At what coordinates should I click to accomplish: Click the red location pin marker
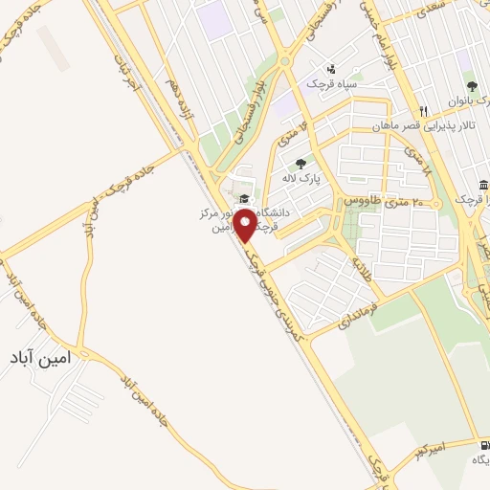pyautogui.click(x=246, y=226)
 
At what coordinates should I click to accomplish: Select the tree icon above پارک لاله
pyautogui.click(x=301, y=163)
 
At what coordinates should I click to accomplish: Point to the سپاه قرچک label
pyautogui.click(x=330, y=84)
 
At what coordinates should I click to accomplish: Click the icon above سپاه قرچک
pyautogui.click(x=331, y=68)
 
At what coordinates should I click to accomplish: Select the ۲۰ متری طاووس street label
pyautogui.click(x=375, y=204)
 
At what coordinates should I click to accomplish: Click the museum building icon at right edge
pyautogui.click(x=483, y=185)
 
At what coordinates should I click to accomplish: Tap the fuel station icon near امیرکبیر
pyautogui.click(x=473, y=444)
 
